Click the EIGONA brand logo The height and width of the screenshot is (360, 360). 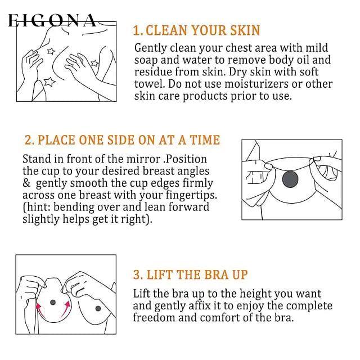pyautogui.click(x=52, y=20)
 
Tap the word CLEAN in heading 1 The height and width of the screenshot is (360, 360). pyautogui.click(x=166, y=30)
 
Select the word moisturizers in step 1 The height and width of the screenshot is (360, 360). pyautogui.click(x=256, y=84)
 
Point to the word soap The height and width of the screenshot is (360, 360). pyautogui.click(x=146, y=60)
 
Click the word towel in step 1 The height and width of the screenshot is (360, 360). pyautogui.click(x=150, y=84)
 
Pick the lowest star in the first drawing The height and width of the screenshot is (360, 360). pyautogui.click(x=49, y=82)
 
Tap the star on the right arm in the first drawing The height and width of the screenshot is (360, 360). pyautogui.click(x=94, y=63)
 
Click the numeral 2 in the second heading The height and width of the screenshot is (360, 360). pyautogui.click(x=28, y=140)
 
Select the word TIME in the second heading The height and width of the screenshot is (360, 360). pyautogui.click(x=204, y=140)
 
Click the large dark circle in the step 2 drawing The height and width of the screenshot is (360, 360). pyautogui.click(x=290, y=179)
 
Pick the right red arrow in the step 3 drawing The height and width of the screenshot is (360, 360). pyautogui.click(x=65, y=309)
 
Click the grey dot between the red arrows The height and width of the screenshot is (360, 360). pyautogui.click(x=53, y=303)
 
